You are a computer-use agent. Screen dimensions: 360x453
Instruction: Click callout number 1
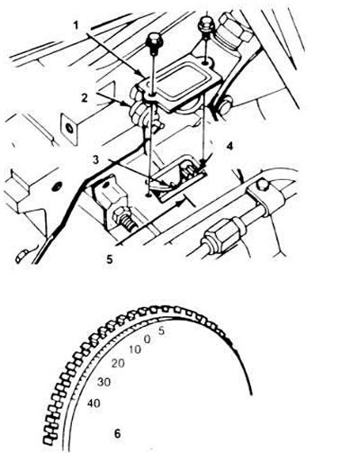pyautogui.click(x=76, y=25)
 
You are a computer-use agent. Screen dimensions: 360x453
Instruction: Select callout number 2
pyautogui.click(x=85, y=98)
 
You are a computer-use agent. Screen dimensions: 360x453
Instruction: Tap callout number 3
pyautogui.click(x=95, y=159)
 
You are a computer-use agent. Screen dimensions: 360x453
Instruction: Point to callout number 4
pyautogui.click(x=229, y=146)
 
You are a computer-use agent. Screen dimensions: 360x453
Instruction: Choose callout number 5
pyautogui.click(x=110, y=258)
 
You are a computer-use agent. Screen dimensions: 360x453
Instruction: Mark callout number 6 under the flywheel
pyautogui.click(x=117, y=433)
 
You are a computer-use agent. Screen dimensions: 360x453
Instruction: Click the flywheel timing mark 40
pyautogui.click(x=94, y=403)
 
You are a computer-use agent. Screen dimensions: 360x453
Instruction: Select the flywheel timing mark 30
pyautogui.click(x=103, y=382)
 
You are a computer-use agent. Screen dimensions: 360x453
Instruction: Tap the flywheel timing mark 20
pyautogui.click(x=118, y=364)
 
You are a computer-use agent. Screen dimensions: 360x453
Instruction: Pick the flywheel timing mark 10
pyautogui.click(x=135, y=349)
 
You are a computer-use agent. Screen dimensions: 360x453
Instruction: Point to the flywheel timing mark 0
pyautogui.click(x=147, y=340)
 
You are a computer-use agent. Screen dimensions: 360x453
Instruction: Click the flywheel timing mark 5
pyautogui.click(x=161, y=331)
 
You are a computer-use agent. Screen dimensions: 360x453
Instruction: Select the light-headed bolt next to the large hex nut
pyautogui.click(x=206, y=25)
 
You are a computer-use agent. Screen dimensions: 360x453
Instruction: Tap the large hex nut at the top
pyautogui.click(x=235, y=30)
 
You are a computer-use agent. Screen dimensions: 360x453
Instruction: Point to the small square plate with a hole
pyautogui.click(x=70, y=128)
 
